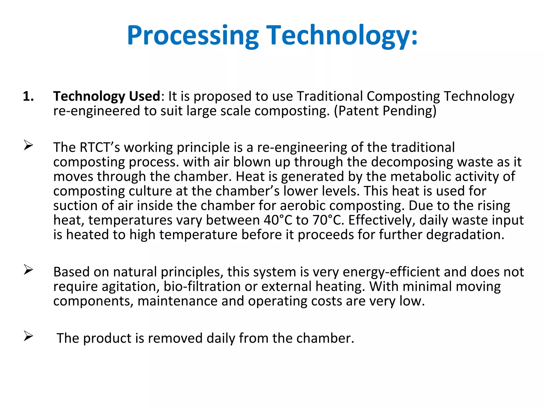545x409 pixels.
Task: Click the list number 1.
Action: (x=28, y=96)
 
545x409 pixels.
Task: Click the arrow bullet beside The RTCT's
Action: (x=28, y=145)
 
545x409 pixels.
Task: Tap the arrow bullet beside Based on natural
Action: (x=28, y=270)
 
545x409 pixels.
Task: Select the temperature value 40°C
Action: (x=278, y=220)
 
